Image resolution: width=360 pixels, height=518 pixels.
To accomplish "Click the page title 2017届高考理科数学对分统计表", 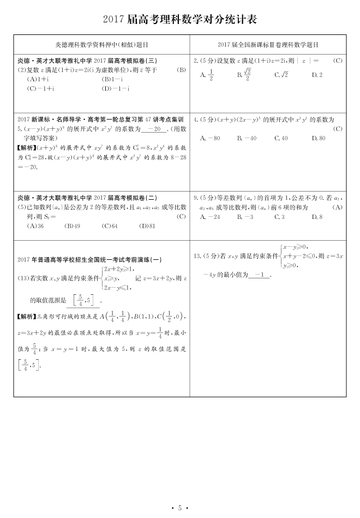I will tap(180, 20).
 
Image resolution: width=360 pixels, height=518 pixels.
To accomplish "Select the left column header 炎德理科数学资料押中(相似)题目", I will tap(102, 44).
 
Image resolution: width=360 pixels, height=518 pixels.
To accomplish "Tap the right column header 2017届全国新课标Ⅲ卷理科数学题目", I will tap(267, 44).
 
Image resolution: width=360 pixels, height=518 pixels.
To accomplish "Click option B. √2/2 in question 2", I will tap(244, 75).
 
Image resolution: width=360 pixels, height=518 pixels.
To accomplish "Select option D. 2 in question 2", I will tap(317, 75).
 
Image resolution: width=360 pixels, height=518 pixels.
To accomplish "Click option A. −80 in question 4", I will tap(210, 138).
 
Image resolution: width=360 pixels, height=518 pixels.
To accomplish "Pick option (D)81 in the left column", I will tap(147, 225).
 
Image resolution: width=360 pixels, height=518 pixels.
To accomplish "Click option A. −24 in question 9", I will tap(210, 217).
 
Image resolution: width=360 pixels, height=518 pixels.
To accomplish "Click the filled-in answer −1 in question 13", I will tap(260, 275).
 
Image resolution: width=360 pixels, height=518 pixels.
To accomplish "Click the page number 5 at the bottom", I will tap(179, 508).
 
